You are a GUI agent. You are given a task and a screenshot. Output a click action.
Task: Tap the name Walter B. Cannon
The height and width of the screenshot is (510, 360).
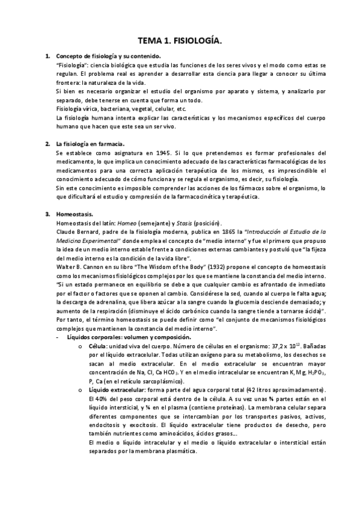pos(78,263)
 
